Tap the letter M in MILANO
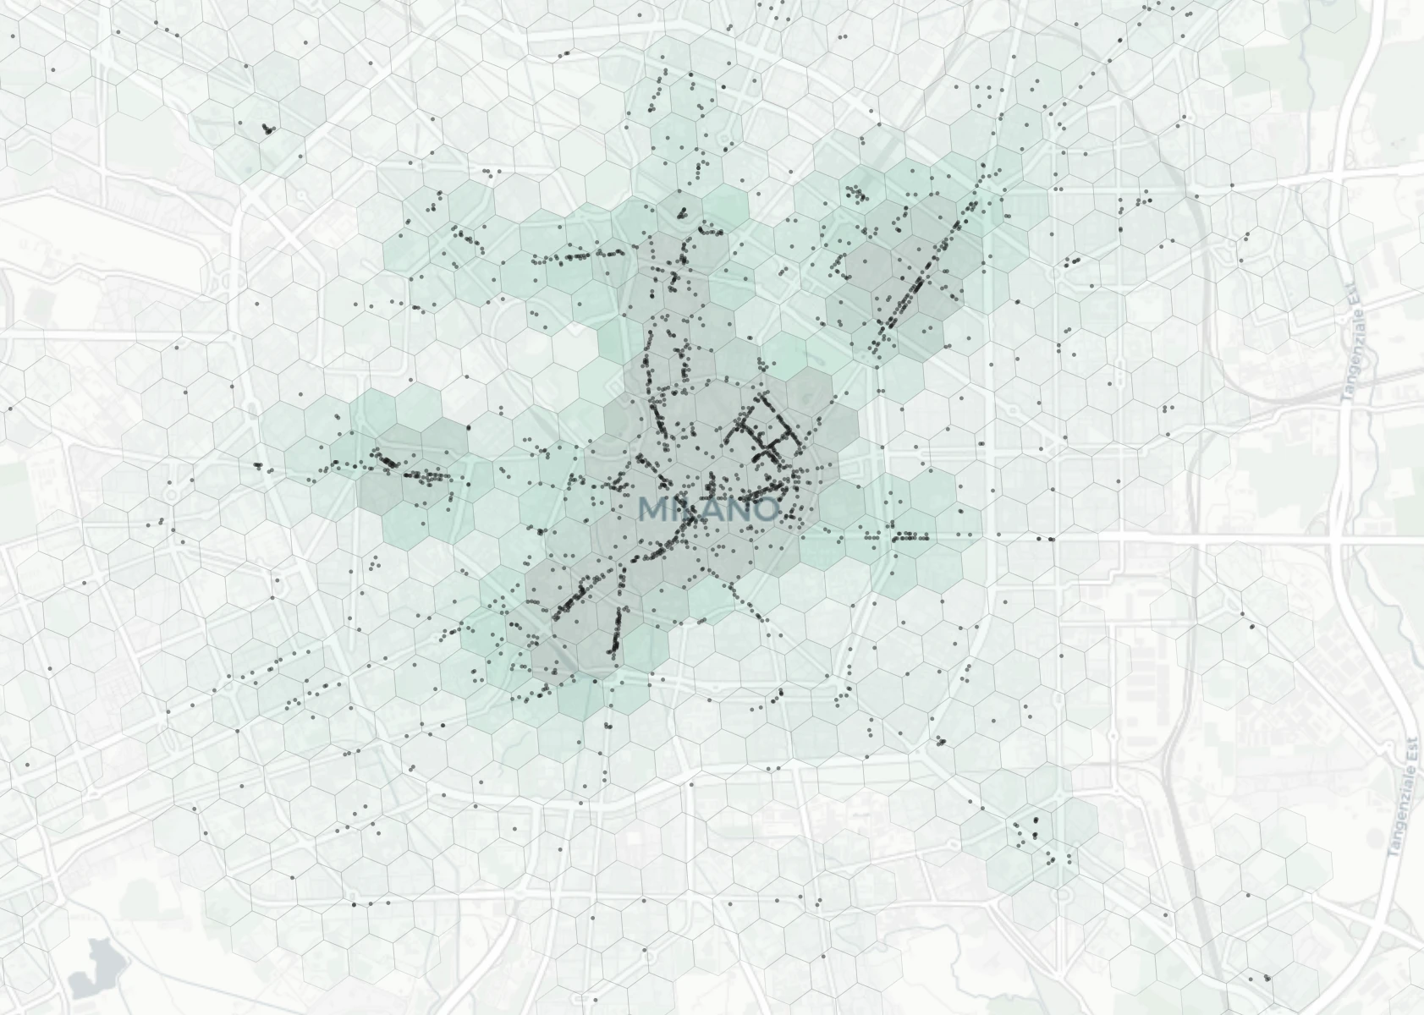655,509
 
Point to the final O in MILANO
764,509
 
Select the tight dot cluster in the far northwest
268,129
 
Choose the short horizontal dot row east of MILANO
907,536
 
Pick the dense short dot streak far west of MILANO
388,461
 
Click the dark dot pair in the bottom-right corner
1267,978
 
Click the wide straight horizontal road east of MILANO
1185,538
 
